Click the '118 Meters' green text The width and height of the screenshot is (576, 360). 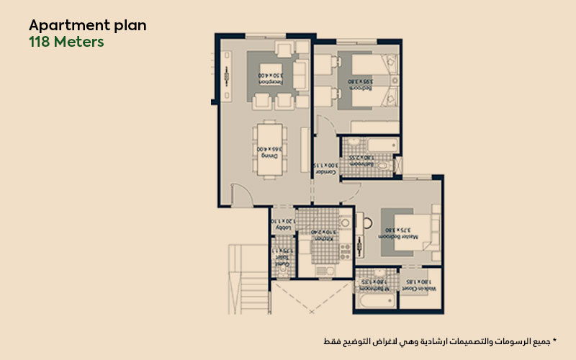66,42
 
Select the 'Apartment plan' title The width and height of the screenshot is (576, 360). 87,25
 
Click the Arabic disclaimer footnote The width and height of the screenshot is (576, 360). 439,339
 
